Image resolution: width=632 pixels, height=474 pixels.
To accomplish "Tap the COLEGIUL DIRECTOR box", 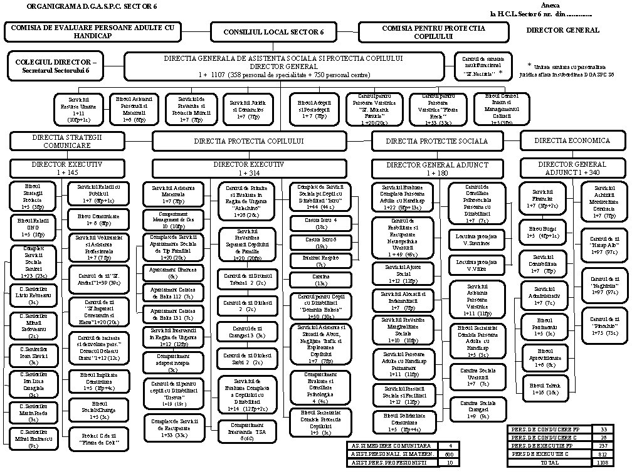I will pyautogui.click(x=56, y=68).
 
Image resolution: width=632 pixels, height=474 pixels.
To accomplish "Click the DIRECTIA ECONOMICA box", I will pyautogui.click(x=572, y=140).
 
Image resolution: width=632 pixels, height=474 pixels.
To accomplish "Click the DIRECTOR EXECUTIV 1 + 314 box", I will pyautogui.click(x=249, y=168).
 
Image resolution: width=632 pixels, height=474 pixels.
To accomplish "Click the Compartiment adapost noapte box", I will pyautogui.click(x=172, y=364).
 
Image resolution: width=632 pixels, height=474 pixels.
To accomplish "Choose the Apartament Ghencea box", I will pyautogui.click(x=172, y=273).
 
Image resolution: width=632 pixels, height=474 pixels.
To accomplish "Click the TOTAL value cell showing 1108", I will pyautogui.click(x=603, y=461).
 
